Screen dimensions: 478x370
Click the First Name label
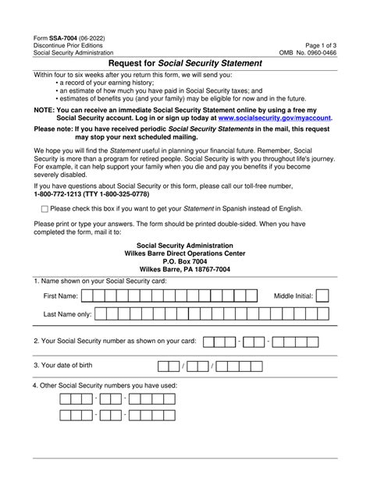tap(60, 297)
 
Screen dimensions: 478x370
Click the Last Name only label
tap(68, 314)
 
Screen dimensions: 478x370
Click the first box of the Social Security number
tap(209, 341)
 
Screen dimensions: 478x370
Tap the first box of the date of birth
tap(164, 366)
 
